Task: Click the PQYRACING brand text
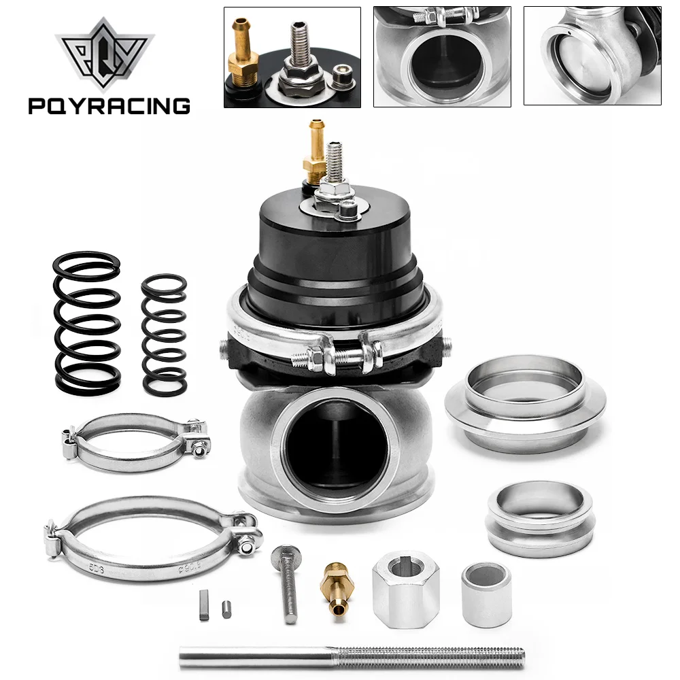(x=109, y=105)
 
